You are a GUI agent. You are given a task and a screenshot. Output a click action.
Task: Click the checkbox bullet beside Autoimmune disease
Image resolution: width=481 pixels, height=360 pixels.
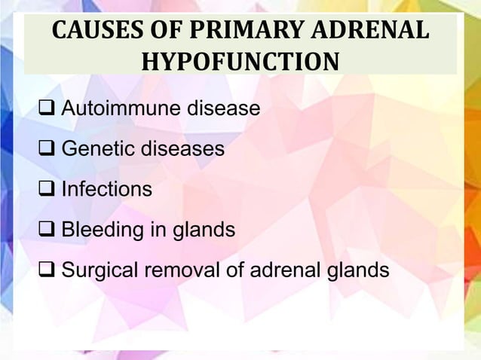[x=48, y=110]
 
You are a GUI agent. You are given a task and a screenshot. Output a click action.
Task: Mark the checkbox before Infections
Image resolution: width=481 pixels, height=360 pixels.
[x=48, y=190]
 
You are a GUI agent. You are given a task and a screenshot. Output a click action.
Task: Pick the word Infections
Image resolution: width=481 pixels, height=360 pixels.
[x=106, y=190]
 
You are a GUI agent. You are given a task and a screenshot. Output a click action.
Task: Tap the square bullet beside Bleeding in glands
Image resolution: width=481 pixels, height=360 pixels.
[x=48, y=230]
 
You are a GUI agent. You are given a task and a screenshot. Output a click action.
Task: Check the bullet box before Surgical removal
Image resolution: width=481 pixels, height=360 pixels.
[x=48, y=270]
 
